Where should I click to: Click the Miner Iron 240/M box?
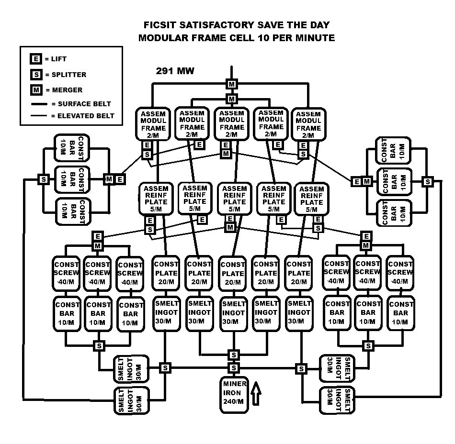[234, 395]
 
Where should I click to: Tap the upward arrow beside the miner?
[256, 393]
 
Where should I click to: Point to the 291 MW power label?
[175, 71]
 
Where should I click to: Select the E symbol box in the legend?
[36, 59]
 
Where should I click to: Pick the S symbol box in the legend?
[36, 75]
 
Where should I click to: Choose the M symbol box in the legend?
[36, 90]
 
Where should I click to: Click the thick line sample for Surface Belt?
[39, 104]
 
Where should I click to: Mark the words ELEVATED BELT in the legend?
[86, 116]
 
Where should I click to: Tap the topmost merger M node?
[231, 84]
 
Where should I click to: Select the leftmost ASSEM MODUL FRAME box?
[153, 124]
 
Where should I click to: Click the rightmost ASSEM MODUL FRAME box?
[308, 124]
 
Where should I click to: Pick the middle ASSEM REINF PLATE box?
[235, 199]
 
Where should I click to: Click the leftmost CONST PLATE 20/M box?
[166, 273]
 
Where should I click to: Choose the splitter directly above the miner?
[234, 368]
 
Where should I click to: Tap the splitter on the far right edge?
[428, 182]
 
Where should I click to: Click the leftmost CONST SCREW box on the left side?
[66, 273]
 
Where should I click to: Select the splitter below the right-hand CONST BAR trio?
[368, 345]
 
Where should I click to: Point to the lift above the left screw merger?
[98, 236]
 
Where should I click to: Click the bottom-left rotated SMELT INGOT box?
[131, 400]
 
